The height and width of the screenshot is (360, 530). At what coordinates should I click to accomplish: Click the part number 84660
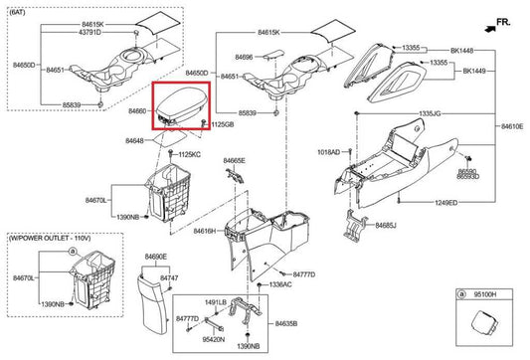(137, 112)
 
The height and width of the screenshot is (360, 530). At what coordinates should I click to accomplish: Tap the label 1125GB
(222, 125)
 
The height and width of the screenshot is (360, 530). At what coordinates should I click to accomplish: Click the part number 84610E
(512, 127)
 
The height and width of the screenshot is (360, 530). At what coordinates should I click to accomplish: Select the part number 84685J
(385, 226)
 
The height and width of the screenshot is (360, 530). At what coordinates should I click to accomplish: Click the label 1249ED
(445, 203)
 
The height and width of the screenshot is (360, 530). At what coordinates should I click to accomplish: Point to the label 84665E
(235, 160)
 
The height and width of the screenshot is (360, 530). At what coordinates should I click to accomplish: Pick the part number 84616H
(204, 231)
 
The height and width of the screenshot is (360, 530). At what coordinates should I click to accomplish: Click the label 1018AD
(328, 152)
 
